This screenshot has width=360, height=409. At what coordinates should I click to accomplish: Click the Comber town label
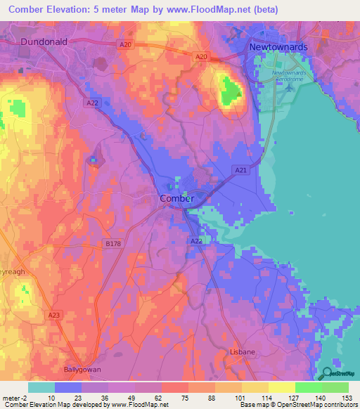[x=176, y=199]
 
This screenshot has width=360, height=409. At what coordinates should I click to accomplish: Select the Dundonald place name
[x=44, y=42]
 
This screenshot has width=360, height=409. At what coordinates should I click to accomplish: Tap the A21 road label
[x=240, y=170]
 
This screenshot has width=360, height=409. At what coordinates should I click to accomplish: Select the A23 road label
[x=56, y=316]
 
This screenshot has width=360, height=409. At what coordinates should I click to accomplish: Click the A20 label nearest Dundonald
[x=126, y=45]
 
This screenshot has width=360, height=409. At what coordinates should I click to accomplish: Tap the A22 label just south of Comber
[x=197, y=241]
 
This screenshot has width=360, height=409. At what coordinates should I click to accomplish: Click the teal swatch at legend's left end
[x=41, y=387]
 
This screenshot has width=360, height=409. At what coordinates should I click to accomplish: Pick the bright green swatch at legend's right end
[x=335, y=387]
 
